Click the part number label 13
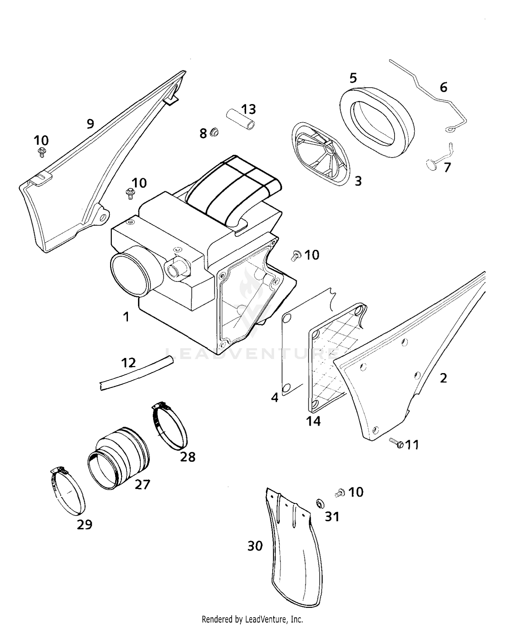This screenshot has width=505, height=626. pos(248,109)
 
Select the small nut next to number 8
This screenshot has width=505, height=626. pos(213,132)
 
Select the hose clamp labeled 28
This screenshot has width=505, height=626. pos(170,427)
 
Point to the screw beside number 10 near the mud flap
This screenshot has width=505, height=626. pos(340,493)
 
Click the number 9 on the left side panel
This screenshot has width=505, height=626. pos(90,124)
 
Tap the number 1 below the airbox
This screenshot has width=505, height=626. pos(126,317)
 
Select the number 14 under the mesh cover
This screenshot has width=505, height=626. pos(313,421)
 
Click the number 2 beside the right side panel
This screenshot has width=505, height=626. pos(443,378)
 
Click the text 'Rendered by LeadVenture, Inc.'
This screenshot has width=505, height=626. pos(252,619)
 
